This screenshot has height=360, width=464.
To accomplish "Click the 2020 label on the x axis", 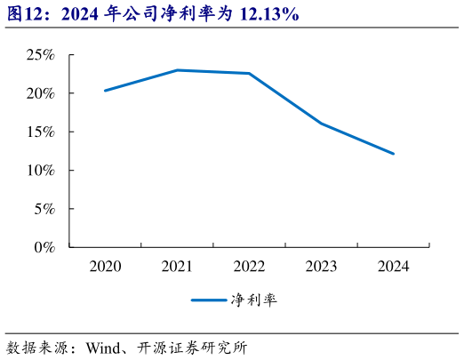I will click(105, 266).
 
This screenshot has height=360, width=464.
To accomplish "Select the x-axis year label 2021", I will click(178, 266).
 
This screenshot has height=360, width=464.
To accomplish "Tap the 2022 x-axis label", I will click(250, 266).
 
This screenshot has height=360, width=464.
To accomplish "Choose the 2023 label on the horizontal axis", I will click(322, 266).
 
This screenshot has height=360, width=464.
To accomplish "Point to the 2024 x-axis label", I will click(394, 266).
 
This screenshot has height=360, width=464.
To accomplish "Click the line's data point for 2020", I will click(105, 91).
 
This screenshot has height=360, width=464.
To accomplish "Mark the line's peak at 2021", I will click(178, 70).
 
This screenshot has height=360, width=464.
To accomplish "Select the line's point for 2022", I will click(250, 74).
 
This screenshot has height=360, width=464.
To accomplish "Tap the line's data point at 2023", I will click(322, 124).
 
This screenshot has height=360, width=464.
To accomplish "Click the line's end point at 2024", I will click(394, 154).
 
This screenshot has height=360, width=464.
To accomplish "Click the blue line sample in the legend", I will click(208, 300).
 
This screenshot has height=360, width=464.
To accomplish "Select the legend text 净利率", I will click(252, 300).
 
